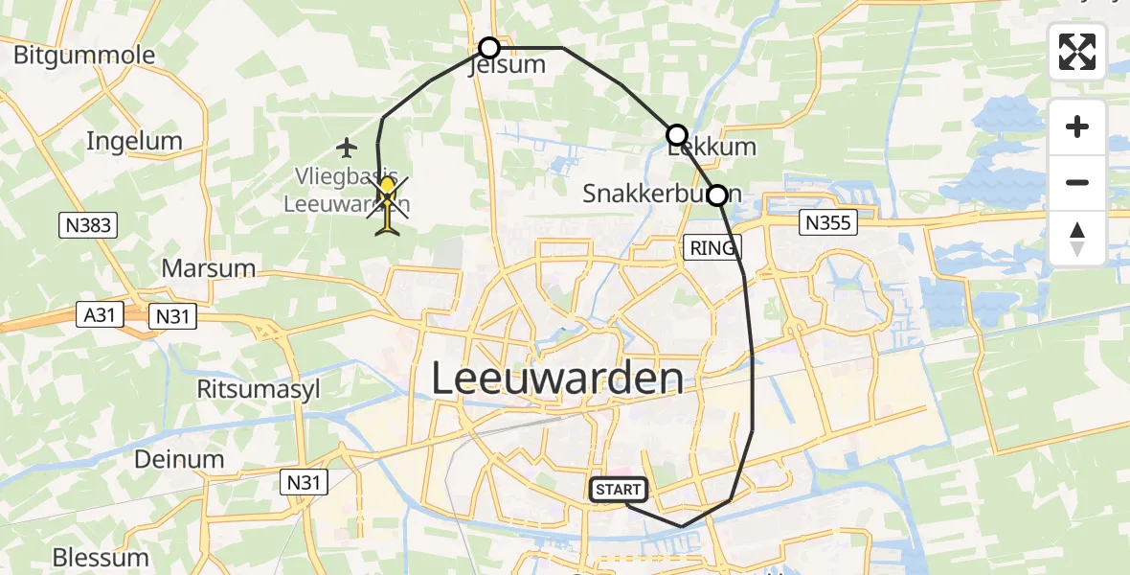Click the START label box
[619, 490]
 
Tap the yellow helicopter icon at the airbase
[388, 202]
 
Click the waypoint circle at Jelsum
[489, 48]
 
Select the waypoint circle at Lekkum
[677, 135]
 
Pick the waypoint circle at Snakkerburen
[717, 195]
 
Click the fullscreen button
[1077, 52]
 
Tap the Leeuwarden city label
[557, 379]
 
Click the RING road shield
[712, 248]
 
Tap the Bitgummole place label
[84, 55]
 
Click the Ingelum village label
[134, 141]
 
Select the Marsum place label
[209, 267]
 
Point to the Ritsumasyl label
[258, 389]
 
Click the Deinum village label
[179, 459]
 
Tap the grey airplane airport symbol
[347, 147]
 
